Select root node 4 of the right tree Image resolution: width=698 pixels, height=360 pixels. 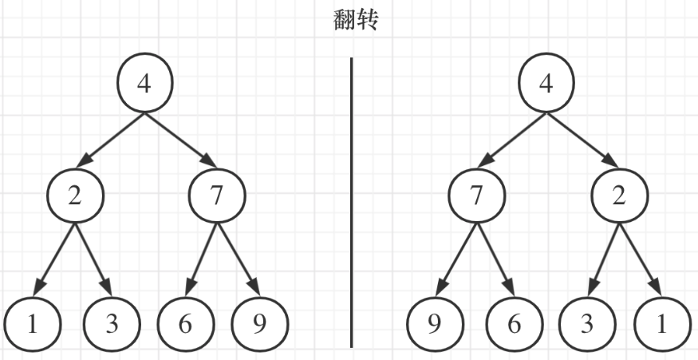tap(546, 84)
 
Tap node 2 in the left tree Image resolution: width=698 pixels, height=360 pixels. tap(75, 196)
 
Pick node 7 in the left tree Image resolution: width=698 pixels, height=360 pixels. tap(217, 196)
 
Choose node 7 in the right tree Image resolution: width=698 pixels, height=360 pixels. tap(476, 196)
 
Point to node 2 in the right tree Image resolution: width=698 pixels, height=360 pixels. tap(619, 196)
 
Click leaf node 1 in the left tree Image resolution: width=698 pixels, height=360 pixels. tap(32, 324)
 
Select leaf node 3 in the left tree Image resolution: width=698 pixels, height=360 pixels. tap(111, 324)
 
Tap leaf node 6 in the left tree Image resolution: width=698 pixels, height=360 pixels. tap(185, 324)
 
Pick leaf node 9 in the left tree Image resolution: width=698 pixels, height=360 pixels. tap(260, 324)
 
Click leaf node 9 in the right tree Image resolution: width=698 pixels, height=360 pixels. tap(435, 324)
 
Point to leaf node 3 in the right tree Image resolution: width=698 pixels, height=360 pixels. tap(586, 324)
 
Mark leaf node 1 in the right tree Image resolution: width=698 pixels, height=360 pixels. tap(662, 324)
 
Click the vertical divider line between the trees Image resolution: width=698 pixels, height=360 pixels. tap(352, 200)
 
